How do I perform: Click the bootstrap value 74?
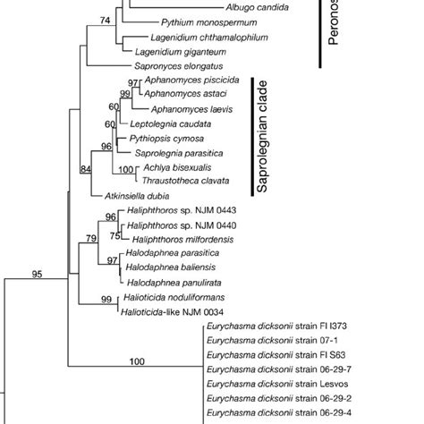pos(106,20)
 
